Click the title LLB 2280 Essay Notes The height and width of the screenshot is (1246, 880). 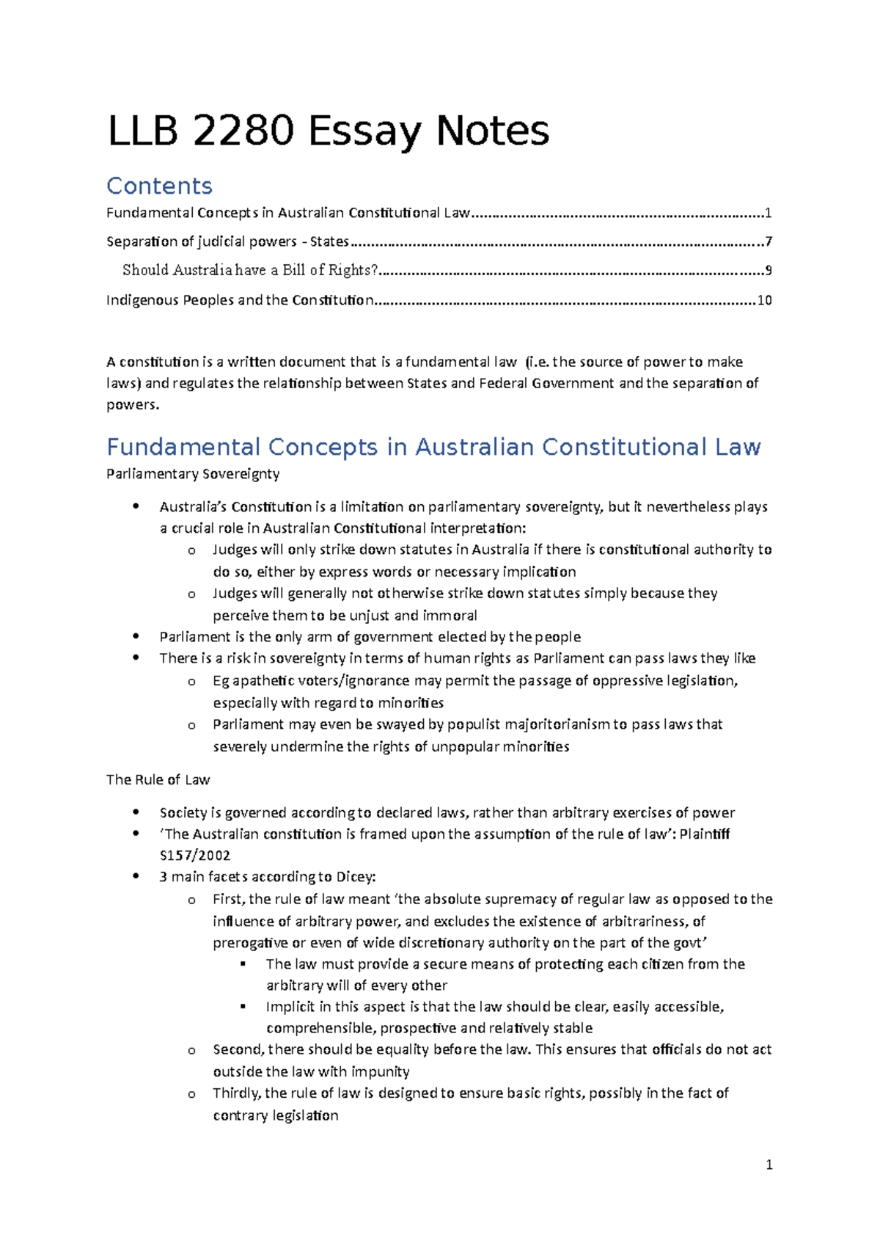click(x=328, y=131)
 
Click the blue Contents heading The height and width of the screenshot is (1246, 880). click(x=159, y=186)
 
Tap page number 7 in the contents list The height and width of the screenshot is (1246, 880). click(x=768, y=241)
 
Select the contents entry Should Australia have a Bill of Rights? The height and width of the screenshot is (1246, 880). click(x=250, y=270)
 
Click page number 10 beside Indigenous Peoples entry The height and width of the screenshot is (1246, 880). click(x=764, y=300)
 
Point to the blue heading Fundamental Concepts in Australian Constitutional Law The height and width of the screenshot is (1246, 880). click(x=433, y=447)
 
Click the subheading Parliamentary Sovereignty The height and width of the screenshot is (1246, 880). click(x=193, y=474)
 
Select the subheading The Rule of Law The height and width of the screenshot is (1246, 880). click(x=158, y=779)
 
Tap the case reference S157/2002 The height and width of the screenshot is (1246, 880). click(x=195, y=855)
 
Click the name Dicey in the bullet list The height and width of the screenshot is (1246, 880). click(x=354, y=877)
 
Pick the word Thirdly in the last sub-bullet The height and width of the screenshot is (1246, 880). click(x=235, y=1093)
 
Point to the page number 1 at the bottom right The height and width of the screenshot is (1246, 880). click(x=769, y=1165)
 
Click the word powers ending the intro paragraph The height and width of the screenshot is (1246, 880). click(x=132, y=405)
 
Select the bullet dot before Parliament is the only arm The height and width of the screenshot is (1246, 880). click(x=136, y=637)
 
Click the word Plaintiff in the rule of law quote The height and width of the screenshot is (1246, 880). click(x=704, y=834)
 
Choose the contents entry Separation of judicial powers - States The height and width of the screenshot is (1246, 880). click(x=227, y=241)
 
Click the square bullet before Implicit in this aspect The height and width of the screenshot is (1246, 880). click(x=243, y=1007)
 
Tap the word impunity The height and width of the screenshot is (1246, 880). click(x=380, y=1071)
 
